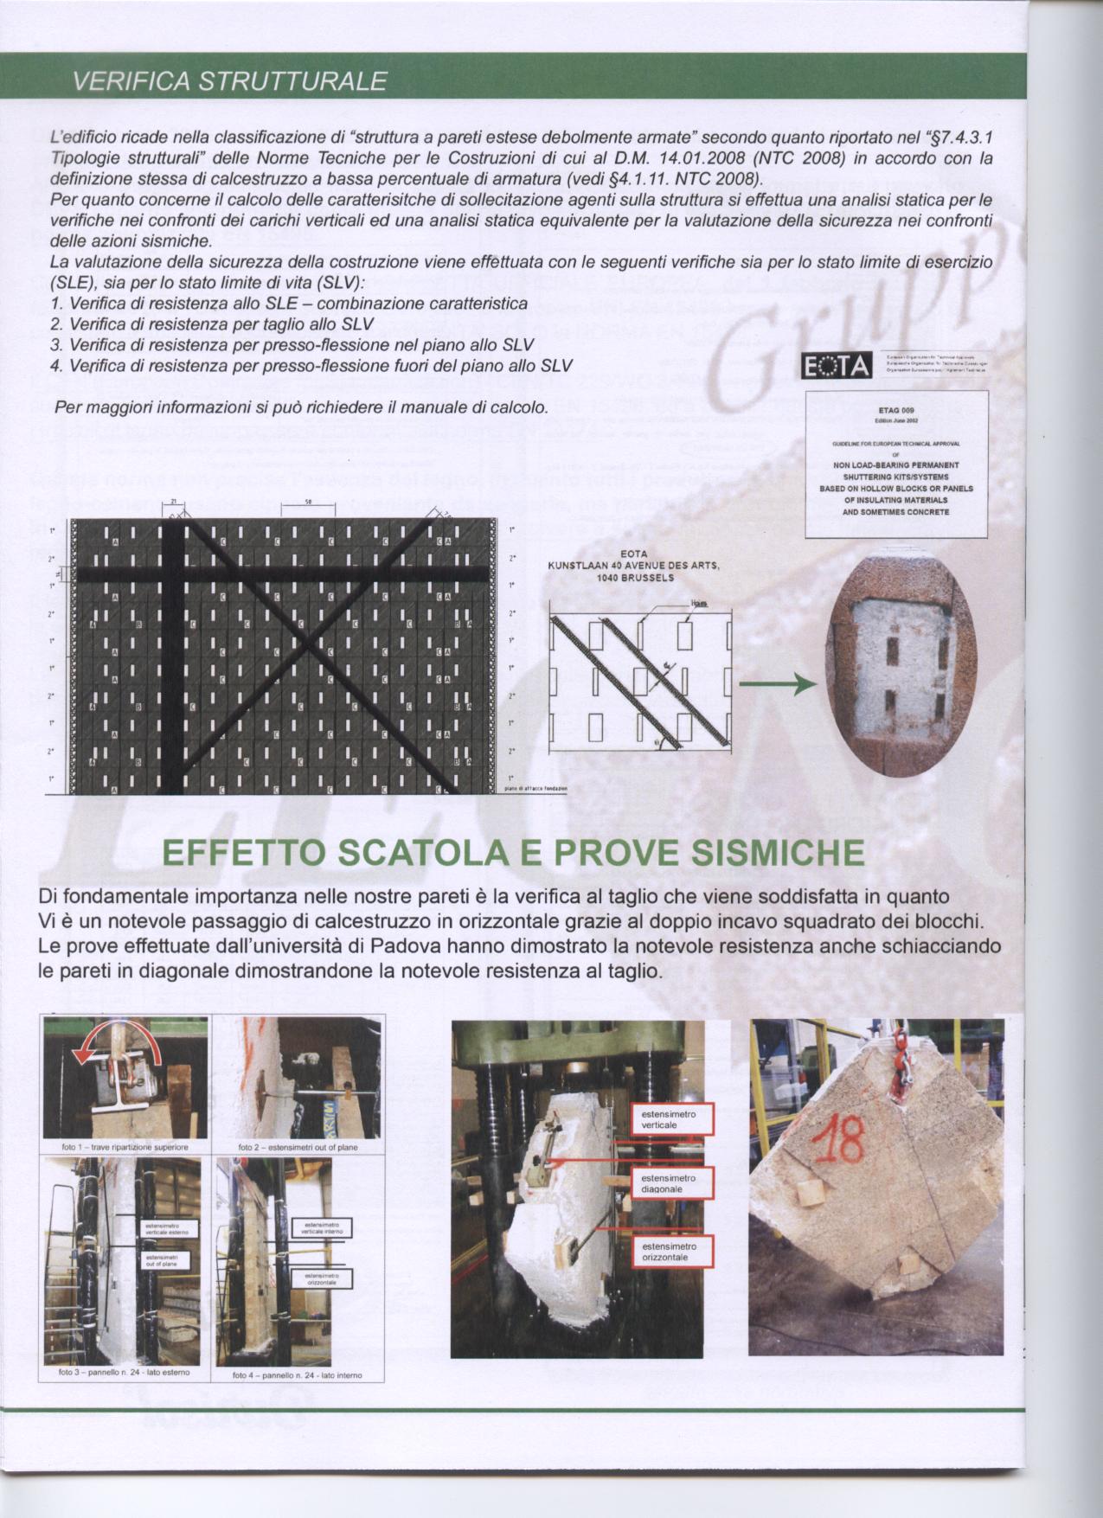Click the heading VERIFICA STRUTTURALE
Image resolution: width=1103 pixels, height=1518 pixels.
[229, 81]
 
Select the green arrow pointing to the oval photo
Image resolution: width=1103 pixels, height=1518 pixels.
[777, 684]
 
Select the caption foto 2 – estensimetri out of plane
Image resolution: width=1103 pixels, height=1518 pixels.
[298, 1147]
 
